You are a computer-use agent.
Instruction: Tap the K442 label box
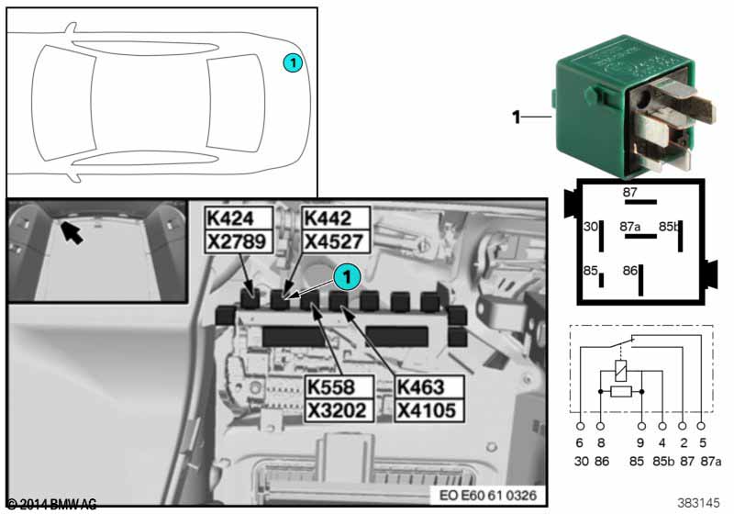(x=335, y=218)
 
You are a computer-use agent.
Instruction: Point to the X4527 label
(x=335, y=241)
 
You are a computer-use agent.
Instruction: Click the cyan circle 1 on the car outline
(x=291, y=62)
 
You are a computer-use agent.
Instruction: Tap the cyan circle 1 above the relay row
(x=346, y=273)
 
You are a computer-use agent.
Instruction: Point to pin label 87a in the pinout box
(x=629, y=226)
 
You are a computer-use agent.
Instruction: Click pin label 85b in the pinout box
(x=672, y=226)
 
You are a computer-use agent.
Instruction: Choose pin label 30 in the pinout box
(x=591, y=226)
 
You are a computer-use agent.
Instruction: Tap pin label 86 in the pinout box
(x=629, y=271)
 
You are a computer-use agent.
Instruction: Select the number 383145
(x=700, y=502)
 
